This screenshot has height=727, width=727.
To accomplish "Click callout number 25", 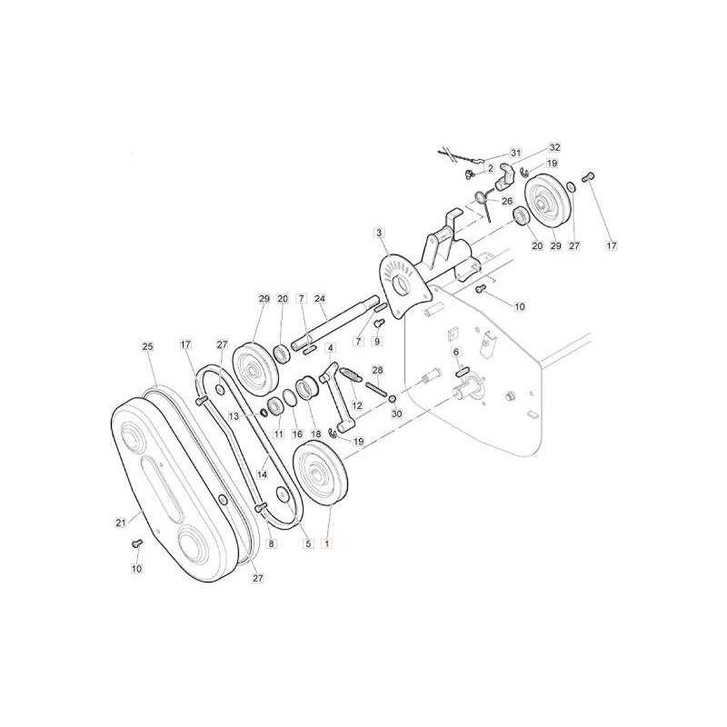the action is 148,346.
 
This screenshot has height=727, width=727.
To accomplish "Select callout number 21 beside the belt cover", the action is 121,523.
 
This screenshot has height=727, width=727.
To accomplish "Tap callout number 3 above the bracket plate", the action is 380,233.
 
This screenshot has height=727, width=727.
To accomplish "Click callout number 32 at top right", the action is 554,147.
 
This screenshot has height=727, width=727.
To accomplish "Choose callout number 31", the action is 516,153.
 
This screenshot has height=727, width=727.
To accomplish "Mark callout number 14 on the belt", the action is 263,474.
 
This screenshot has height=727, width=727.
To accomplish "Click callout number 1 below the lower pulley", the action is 327,543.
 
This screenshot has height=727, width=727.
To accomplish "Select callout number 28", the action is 378,370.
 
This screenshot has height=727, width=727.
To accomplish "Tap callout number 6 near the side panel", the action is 456,353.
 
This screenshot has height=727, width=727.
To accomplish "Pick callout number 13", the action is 234,416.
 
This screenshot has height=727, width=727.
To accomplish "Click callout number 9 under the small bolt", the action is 377,342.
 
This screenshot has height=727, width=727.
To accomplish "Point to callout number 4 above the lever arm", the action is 330,347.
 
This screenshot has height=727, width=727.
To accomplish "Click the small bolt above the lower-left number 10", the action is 137,543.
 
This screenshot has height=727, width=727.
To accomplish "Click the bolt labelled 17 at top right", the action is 588,176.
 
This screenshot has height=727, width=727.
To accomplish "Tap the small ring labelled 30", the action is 393,399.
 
